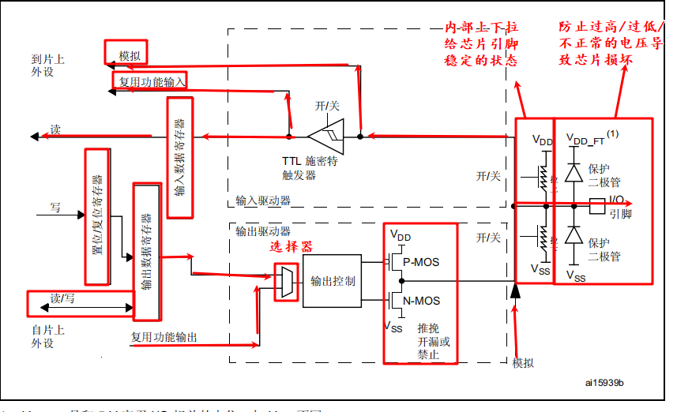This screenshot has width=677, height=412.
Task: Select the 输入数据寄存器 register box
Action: pyautogui.click(x=179, y=157)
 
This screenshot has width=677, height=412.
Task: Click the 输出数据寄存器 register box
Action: pyautogui.click(x=147, y=252)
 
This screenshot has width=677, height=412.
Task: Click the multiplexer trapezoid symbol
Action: pyautogui.click(x=286, y=281)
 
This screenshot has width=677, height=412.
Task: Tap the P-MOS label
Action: pyautogui.click(x=421, y=262)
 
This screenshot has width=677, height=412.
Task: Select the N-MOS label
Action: pyautogui.click(x=421, y=301)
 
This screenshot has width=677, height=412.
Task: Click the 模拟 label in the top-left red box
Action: pyautogui.click(x=130, y=56)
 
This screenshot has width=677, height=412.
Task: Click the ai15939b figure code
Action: pyautogui.click(x=604, y=383)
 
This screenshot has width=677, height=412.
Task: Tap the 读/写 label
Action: pyautogui.click(x=61, y=298)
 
